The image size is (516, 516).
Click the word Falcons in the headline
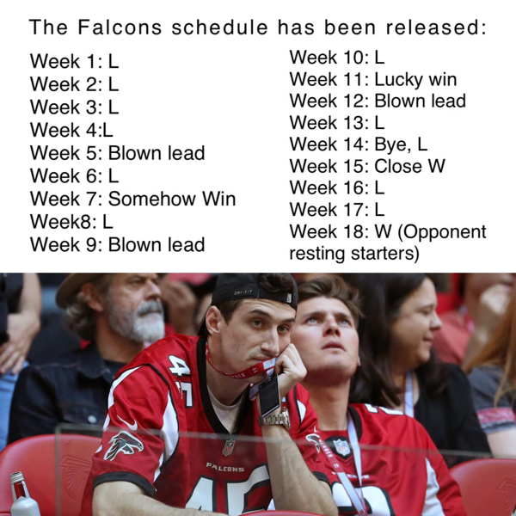[x=120, y=27]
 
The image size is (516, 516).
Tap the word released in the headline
[x=434, y=27]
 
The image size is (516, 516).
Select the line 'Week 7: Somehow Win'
[x=132, y=200]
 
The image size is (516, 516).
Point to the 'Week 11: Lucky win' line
[x=372, y=79]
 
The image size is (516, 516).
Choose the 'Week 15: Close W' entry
[x=367, y=166]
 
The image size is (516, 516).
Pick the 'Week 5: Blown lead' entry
[x=117, y=153]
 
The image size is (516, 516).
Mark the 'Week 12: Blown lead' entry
[x=378, y=101]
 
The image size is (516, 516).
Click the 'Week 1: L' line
[x=74, y=62]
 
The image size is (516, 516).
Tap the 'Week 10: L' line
[x=336, y=58]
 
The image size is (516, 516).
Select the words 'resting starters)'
[x=353, y=254]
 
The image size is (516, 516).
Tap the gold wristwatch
[x=273, y=419]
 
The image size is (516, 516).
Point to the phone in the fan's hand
[x=268, y=394]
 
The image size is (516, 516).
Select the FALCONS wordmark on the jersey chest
[x=224, y=467]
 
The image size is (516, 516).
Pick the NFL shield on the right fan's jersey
[x=341, y=447]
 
